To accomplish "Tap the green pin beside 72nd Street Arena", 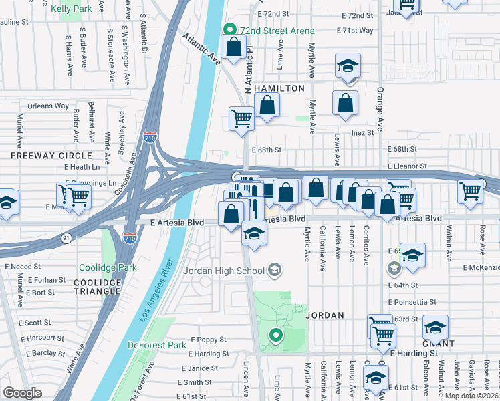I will [229, 30].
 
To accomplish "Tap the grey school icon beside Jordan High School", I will [274, 271].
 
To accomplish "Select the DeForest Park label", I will [157, 345].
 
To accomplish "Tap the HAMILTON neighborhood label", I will [279, 88].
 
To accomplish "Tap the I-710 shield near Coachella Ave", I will [152, 138].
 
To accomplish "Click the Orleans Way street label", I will [48, 106].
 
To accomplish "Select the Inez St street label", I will [362, 132].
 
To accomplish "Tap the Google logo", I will [23, 393].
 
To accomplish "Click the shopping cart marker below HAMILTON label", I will [241, 118].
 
